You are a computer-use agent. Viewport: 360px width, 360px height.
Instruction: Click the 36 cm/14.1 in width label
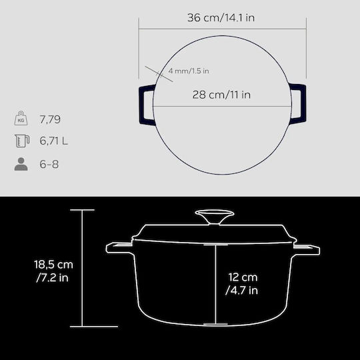click(x=221, y=18)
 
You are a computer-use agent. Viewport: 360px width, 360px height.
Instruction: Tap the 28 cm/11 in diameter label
click(x=221, y=95)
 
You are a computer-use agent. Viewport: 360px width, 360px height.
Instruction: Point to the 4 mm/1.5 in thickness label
click(x=189, y=71)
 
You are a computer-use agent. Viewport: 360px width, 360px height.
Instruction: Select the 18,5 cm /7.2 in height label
click(x=53, y=271)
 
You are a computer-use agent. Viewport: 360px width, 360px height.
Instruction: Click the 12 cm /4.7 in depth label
click(x=242, y=284)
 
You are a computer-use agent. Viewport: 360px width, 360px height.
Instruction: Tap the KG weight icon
click(x=21, y=118)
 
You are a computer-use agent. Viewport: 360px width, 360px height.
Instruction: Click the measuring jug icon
click(x=22, y=141)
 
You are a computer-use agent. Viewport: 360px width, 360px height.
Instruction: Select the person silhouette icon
click(x=21, y=164)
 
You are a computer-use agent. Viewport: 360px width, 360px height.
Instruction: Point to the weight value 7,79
click(x=50, y=119)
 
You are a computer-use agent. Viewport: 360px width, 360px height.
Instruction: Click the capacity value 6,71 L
click(x=54, y=141)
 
